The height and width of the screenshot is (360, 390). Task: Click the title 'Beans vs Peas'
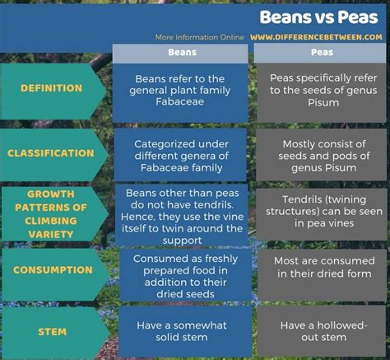pos(318,17)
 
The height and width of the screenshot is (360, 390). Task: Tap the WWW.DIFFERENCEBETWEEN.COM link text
pos(316,37)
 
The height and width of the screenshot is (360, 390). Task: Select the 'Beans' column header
pos(183,52)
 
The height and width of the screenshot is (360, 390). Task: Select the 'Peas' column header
pos(322,52)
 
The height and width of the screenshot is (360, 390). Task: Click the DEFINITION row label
pos(51,88)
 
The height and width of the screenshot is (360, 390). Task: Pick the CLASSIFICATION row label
pos(51,153)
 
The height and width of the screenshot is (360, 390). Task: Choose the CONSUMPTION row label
pos(53,270)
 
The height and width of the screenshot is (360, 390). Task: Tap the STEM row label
pos(52,332)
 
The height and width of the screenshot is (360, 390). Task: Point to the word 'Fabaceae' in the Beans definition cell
pos(179,101)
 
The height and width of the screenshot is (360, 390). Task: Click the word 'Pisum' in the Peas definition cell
pos(323,103)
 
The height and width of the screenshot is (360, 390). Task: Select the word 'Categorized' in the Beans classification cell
pos(160,144)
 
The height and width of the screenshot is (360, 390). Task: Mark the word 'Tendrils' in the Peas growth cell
pos(300,199)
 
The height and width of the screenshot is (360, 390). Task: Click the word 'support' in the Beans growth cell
pos(182,241)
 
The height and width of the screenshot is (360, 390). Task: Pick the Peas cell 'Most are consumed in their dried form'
pos(324,267)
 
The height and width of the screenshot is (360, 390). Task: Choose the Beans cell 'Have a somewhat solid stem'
pos(182,331)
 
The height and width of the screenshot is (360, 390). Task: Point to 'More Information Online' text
pos(199,37)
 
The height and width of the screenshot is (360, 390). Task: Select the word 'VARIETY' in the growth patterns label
pos(51,234)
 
